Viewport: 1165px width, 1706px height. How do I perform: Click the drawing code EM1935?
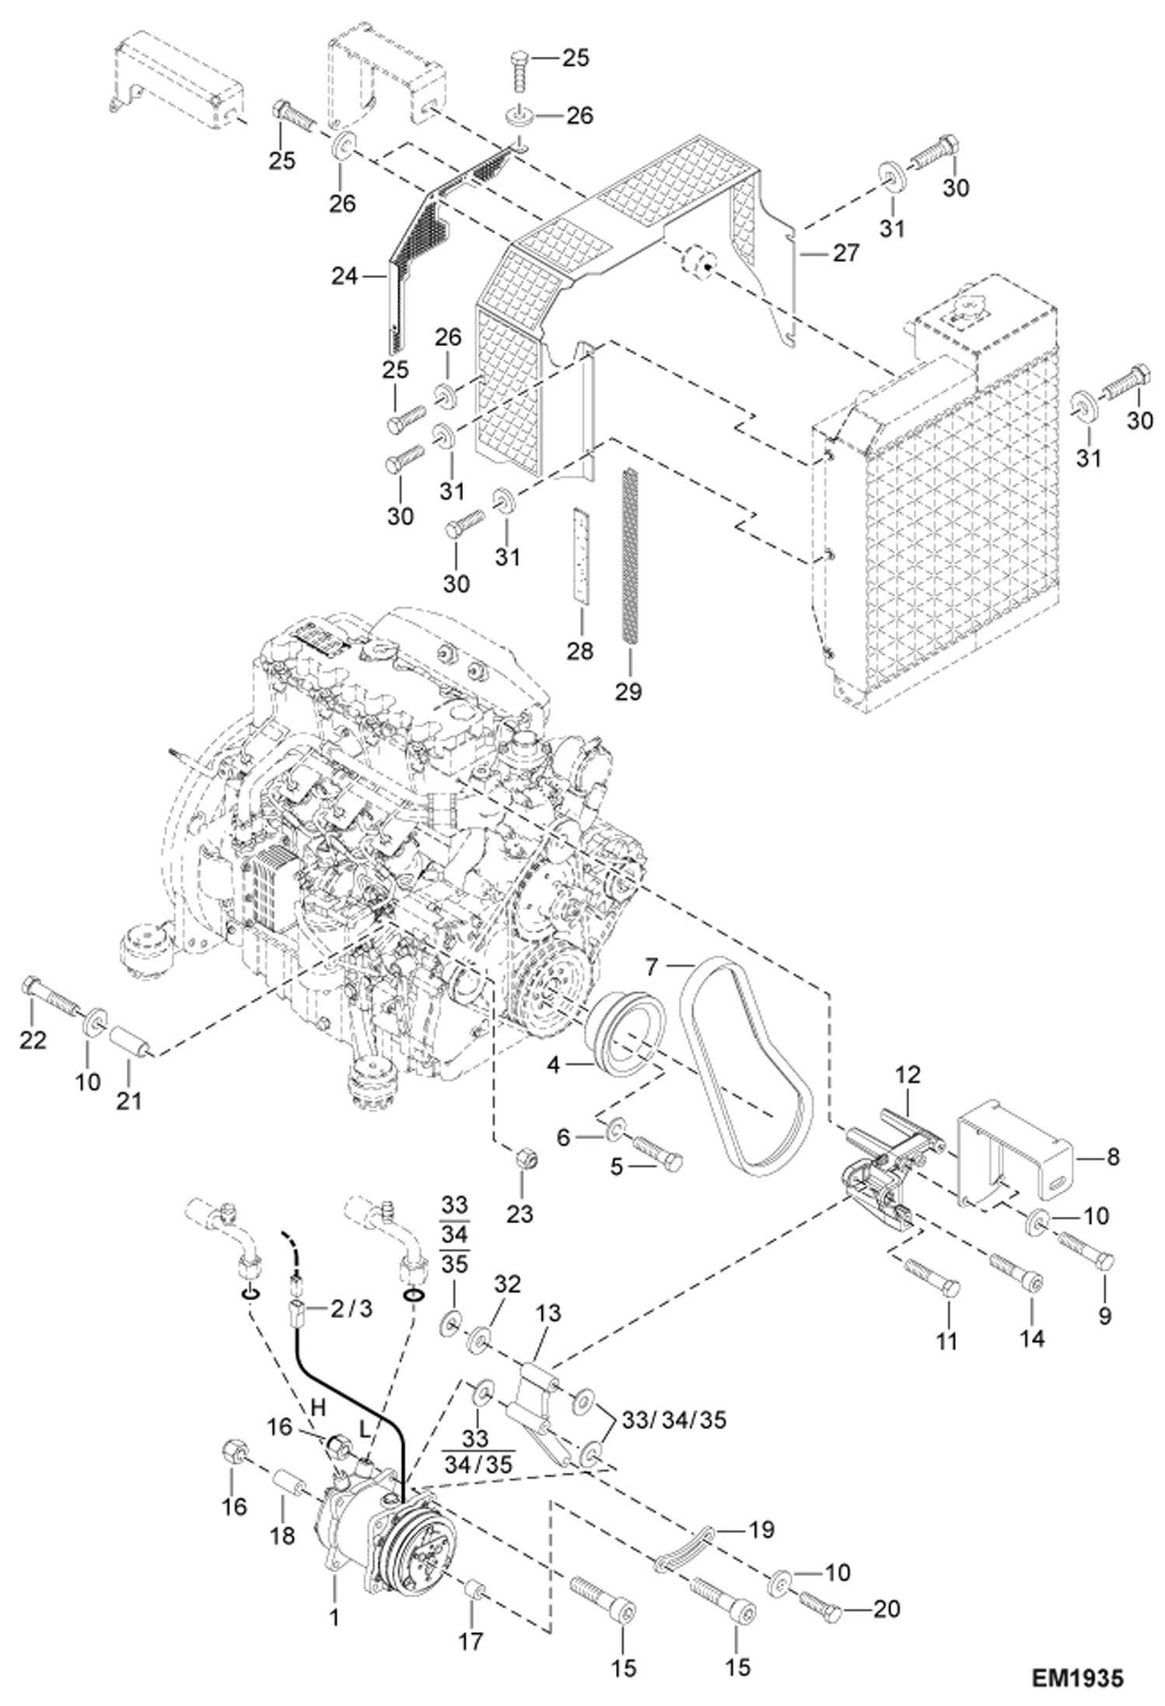[1077, 1678]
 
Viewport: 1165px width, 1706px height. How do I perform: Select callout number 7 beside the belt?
[651, 968]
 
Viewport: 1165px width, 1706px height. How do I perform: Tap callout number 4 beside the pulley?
[553, 1065]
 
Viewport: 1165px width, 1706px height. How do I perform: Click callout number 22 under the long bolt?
[33, 1040]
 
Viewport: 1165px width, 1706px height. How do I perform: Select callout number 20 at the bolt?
[887, 1607]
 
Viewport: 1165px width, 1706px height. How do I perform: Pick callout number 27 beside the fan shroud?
[845, 253]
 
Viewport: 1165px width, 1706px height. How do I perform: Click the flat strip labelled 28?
[580, 554]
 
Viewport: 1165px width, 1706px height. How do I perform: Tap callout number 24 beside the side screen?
[343, 275]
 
